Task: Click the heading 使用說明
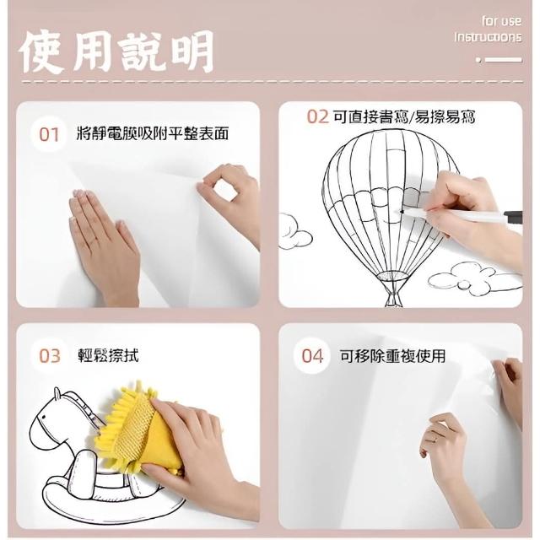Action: (116, 52)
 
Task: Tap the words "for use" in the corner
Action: (501, 21)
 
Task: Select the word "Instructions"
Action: (488, 37)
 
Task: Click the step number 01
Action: (49, 134)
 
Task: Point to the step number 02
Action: (317, 116)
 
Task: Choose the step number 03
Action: (50, 356)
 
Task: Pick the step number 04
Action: (312, 356)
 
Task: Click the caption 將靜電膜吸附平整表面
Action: (153, 133)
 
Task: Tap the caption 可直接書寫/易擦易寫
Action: (404, 116)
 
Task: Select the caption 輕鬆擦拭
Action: (108, 355)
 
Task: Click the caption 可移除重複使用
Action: (392, 356)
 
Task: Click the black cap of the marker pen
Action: (514, 218)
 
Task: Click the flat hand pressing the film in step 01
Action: (103, 241)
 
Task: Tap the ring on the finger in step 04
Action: (435, 440)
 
